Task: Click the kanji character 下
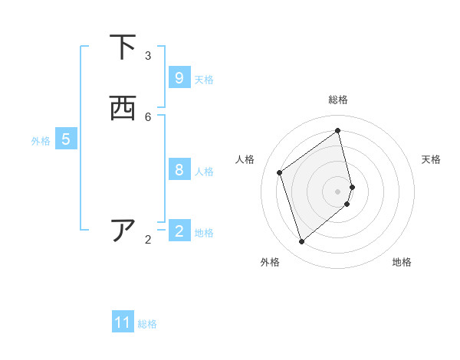(x=123, y=47)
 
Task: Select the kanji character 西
(x=123, y=109)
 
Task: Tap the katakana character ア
(x=123, y=231)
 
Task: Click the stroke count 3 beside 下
(x=148, y=56)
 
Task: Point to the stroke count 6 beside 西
(x=148, y=117)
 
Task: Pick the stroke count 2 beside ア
(x=148, y=240)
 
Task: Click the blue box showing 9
(x=179, y=78)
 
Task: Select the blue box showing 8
(x=179, y=170)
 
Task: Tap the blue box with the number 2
(x=179, y=231)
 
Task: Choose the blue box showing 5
(x=66, y=139)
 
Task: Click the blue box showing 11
(x=123, y=322)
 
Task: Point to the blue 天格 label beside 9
(x=204, y=79)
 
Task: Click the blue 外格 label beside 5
(x=41, y=141)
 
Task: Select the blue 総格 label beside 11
(x=147, y=324)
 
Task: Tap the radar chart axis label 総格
(x=338, y=100)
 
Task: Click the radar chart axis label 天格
(x=431, y=159)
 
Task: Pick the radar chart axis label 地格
(x=402, y=262)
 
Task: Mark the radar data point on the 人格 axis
(x=280, y=172)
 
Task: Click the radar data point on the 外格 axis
(x=301, y=242)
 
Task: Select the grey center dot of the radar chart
(x=338, y=191)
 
